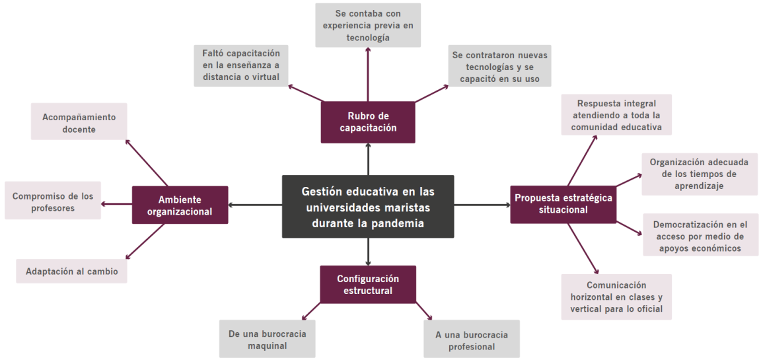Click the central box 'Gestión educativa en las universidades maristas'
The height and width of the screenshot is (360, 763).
pyautogui.click(x=368, y=207)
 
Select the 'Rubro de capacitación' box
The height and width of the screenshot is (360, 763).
pyautogui.click(x=368, y=122)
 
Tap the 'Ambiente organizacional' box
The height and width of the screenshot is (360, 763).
pyautogui.click(x=180, y=205)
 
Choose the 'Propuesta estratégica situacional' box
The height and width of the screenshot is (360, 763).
pyautogui.click(x=563, y=203)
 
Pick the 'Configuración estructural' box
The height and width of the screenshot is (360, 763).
pyautogui.click(x=368, y=284)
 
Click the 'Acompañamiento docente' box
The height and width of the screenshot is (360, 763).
pyautogui.click(x=79, y=123)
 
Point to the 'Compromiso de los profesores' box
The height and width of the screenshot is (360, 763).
pyautogui.click(x=53, y=201)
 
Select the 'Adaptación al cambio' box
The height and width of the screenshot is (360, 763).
pyautogui.click(x=71, y=271)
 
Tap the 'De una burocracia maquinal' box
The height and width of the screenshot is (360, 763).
pyautogui.click(x=267, y=340)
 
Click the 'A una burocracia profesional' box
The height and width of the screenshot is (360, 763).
pyautogui.click(x=472, y=340)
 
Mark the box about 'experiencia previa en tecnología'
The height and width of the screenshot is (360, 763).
pyautogui.click(x=368, y=25)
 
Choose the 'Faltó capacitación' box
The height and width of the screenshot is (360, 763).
pyautogui.click(x=241, y=65)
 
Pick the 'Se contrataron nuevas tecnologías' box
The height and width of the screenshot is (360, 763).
pyautogui.click(x=499, y=67)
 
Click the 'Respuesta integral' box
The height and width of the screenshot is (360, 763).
pyautogui.click(x=616, y=115)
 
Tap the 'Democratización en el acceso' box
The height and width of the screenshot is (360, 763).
pyautogui.click(x=701, y=236)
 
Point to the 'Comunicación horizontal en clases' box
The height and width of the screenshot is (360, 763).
pyautogui.click(x=616, y=297)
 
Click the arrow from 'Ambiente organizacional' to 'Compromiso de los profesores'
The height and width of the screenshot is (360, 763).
pyautogui.click(x=117, y=204)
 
